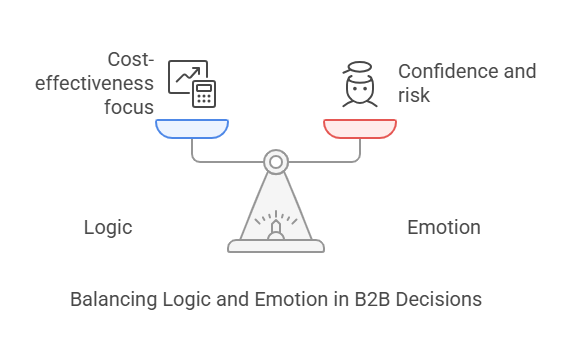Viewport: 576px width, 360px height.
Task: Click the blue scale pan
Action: pyautogui.click(x=192, y=129)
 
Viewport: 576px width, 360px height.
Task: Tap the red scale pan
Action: pyautogui.click(x=360, y=129)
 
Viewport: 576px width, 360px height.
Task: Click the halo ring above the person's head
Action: pyautogui.click(x=359, y=68)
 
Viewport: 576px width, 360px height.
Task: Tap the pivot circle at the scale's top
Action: pyautogui.click(x=276, y=160)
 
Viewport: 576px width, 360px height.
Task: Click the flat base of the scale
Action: pyautogui.click(x=276, y=245)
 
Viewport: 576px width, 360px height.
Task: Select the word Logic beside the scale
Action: pyautogui.click(x=108, y=228)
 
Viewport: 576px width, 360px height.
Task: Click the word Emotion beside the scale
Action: pyautogui.click(x=444, y=228)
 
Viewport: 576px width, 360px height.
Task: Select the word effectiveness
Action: pyautogui.click(x=95, y=83)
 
